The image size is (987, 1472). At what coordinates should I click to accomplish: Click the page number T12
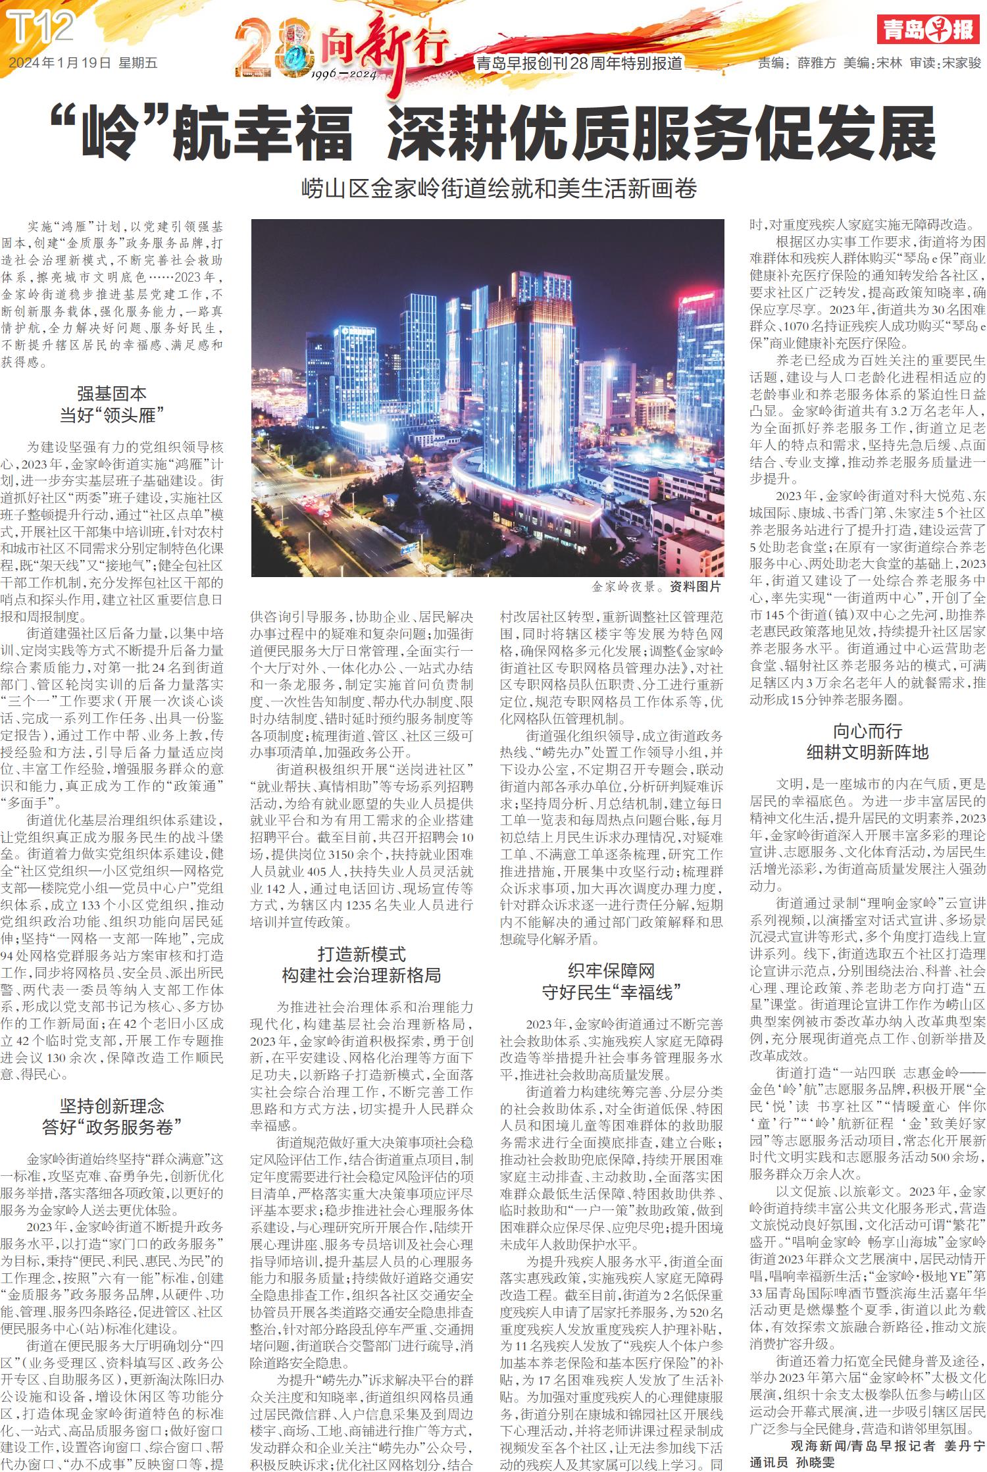pos(41,28)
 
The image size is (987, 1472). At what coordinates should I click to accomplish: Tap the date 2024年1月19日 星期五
pos(83,63)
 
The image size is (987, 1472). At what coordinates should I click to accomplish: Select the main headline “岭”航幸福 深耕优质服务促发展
pos(493,132)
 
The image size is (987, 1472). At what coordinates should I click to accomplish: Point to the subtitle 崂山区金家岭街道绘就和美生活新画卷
pos(499,190)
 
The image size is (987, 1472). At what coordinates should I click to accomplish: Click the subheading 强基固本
pos(112,393)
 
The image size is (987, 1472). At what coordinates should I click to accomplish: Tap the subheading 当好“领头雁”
pos(112,415)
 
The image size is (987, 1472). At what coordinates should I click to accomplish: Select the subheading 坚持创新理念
pos(112,1105)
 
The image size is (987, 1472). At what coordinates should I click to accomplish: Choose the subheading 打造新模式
pos(361,953)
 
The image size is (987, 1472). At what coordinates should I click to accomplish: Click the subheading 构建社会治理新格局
pos(361,975)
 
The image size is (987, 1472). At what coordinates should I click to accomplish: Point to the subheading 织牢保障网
pos(611,971)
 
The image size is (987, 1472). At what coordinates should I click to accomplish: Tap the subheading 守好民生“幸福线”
pos(611,992)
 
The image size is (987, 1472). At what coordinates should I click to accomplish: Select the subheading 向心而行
pos(867,731)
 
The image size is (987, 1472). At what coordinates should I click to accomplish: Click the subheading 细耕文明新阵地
pos(867,752)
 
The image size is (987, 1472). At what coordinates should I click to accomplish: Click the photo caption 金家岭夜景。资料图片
pos(656,586)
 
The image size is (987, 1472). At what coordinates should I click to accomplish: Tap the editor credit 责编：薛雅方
pos(796,63)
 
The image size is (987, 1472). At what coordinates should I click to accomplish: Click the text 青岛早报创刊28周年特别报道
pos(579,63)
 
